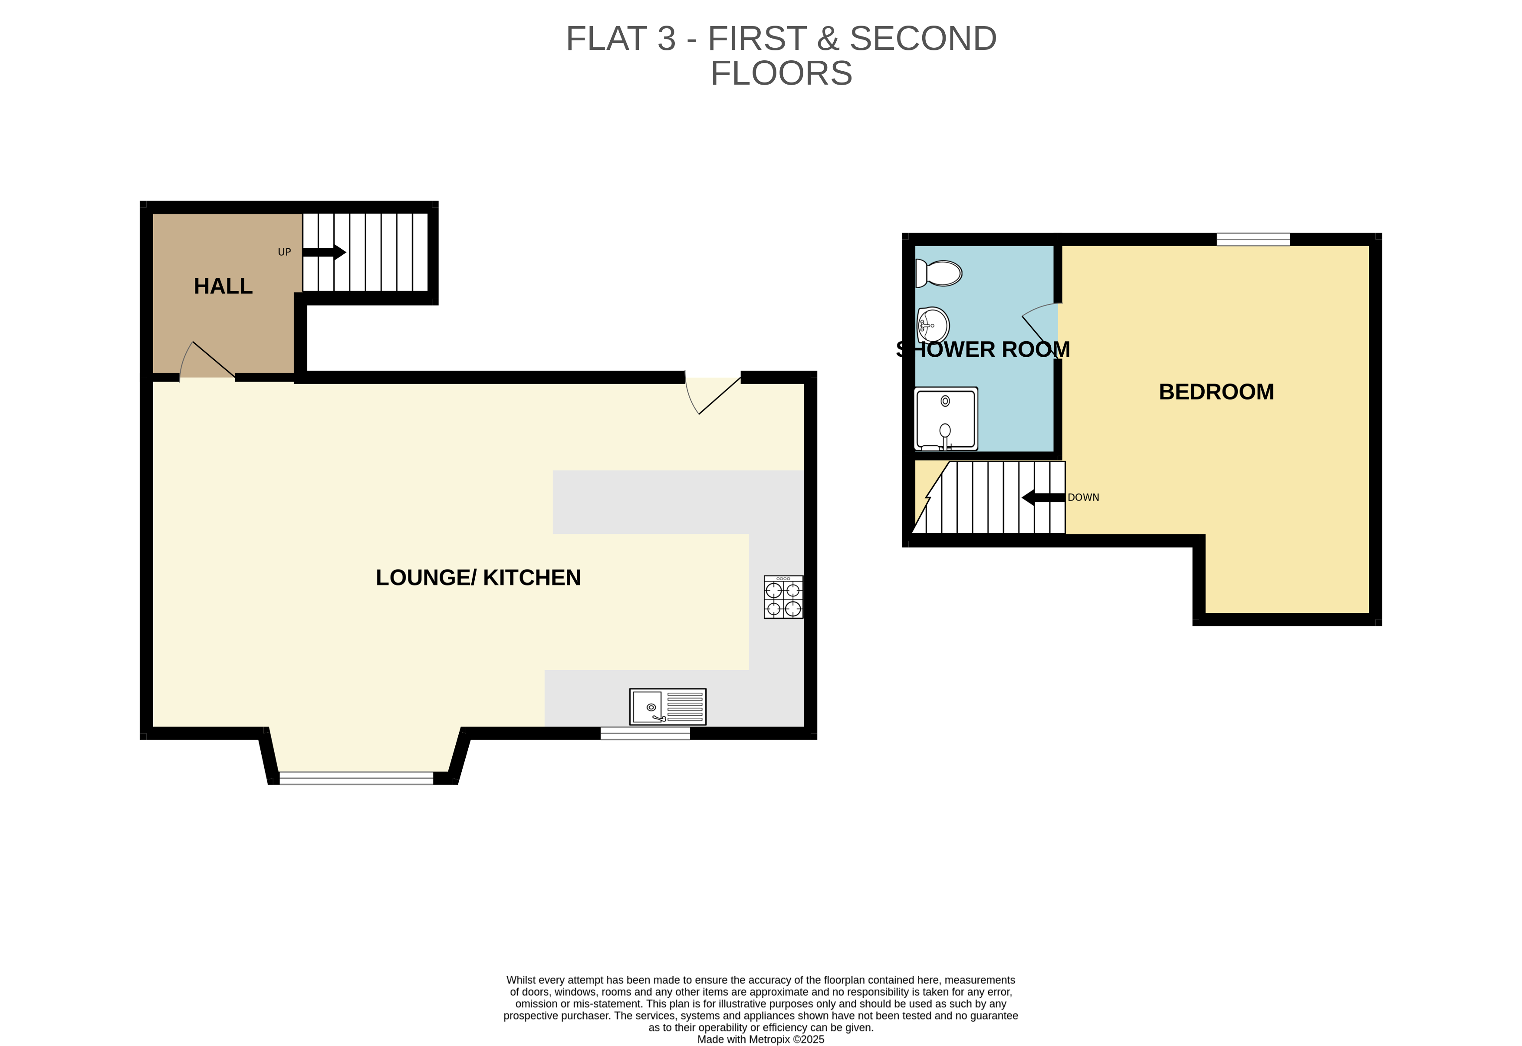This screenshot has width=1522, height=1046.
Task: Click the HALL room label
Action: point(223,286)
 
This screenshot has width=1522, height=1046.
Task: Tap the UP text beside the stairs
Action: point(284,252)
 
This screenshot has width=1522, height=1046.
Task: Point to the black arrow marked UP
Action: point(324,252)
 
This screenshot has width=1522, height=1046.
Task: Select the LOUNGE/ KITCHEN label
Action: point(478,577)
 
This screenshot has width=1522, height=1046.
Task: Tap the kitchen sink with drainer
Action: point(667,707)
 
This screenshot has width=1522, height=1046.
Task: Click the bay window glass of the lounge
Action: point(356,778)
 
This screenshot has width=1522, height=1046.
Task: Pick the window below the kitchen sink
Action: point(645,734)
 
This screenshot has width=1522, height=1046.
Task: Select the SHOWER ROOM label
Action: point(983,350)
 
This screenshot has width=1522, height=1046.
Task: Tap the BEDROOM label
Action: point(1216,392)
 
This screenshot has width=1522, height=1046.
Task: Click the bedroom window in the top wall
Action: point(1253,239)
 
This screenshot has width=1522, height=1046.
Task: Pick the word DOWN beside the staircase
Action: point(1083,497)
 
